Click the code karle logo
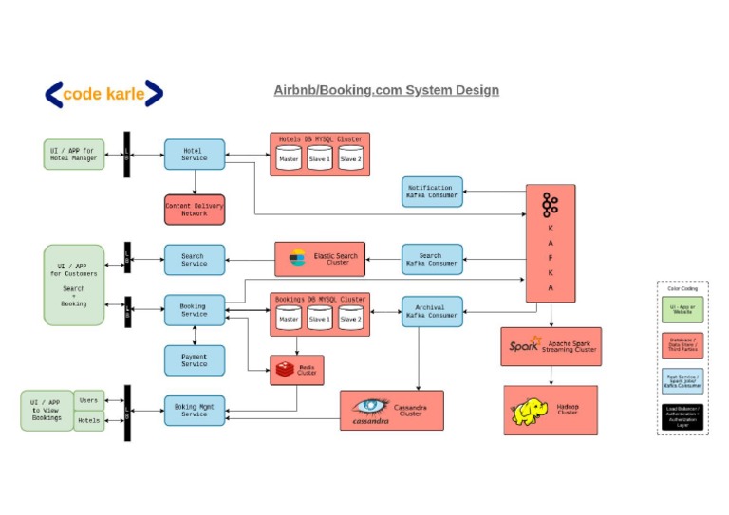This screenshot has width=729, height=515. [x=103, y=93]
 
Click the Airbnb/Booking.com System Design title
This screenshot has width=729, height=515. [x=386, y=90]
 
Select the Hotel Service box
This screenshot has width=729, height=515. [x=195, y=155]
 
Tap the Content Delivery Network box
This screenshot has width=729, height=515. [x=195, y=210]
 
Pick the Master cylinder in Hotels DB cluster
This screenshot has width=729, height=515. [x=289, y=158]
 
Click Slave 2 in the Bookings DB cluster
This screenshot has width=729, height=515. [x=350, y=320]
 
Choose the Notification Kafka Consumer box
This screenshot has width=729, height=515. [x=432, y=192]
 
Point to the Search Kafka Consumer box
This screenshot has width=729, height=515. [x=432, y=259]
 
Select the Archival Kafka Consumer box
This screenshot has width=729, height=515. [x=432, y=311]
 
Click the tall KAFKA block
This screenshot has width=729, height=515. [x=551, y=244]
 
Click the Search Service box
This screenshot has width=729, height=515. [x=195, y=260]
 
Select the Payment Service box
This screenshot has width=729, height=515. [x=195, y=360]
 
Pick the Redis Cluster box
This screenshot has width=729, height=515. [x=297, y=370]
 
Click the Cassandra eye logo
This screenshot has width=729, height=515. [x=371, y=407]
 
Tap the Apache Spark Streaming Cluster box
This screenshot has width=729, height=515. [x=551, y=347]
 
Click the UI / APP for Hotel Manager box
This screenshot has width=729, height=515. [x=74, y=155]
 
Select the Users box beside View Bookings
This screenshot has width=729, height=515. [x=89, y=400]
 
